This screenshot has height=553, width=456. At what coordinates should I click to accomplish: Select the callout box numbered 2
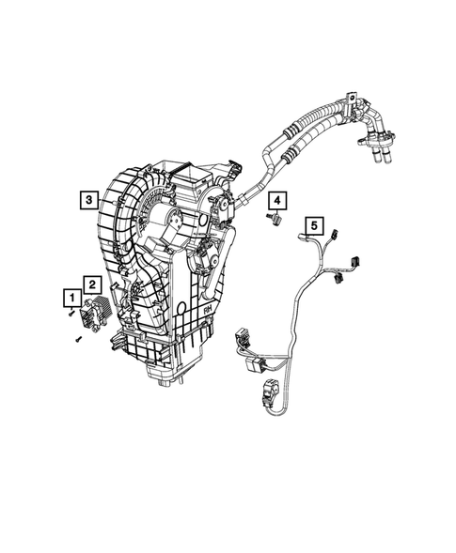pos(91,282)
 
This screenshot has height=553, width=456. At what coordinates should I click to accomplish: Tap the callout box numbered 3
pos(86,199)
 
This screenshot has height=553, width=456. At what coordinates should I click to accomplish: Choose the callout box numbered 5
pos(314,224)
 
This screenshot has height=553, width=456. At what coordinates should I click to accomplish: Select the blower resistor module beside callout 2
pos(98,309)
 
